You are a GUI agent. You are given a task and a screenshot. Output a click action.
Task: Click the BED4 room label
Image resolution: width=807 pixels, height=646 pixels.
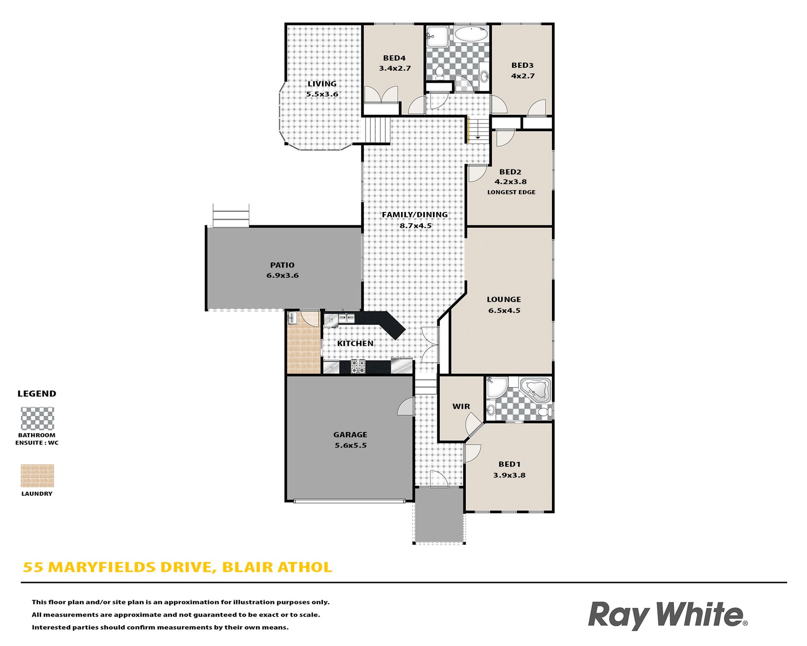pyautogui.click(x=394, y=58)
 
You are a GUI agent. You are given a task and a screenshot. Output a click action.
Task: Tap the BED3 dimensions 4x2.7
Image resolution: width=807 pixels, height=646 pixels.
pyautogui.click(x=523, y=76)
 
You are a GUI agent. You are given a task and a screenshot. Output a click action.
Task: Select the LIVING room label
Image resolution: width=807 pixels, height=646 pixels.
pyautogui.click(x=322, y=84)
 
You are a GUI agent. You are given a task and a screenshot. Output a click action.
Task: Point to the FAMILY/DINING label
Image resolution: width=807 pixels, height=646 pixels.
pyautogui.click(x=415, y=214)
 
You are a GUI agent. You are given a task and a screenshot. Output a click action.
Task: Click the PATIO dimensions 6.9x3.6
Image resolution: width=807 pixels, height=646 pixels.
pyautogui.click(x=282, y=275)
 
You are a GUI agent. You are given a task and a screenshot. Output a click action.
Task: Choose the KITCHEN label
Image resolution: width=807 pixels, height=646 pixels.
pyautogui.click(x=355, y=343)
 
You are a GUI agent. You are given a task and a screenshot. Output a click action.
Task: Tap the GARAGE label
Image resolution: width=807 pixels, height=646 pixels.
pyautogui.click(x=350, y=434)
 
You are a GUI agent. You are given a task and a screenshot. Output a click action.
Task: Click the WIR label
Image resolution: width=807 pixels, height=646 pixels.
pyautogui.click(x=461, y=406)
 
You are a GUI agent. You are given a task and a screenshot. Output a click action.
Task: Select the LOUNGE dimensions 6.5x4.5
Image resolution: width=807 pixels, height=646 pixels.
pyautogui.click(x=504, y=310)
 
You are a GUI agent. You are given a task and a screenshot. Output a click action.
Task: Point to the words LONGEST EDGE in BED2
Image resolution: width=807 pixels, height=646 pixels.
pyautogui.click(x=511, y=192)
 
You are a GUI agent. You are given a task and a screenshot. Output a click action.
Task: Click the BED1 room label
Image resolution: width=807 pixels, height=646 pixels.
pyautogui.click(x=509, y=464)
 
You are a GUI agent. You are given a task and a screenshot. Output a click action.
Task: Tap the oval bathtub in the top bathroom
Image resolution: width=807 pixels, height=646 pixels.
pyautogui.click(x=471, y=34)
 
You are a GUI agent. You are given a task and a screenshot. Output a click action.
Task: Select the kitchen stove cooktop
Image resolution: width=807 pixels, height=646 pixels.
pyautogui.click(x=358, y=367)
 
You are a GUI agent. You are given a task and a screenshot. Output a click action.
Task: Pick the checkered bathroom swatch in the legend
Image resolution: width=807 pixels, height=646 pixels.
pyautogui.click(x=37, y=418)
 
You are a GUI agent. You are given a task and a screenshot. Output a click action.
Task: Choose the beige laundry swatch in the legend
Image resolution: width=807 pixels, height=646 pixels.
pyautogui.click(x=37, y=476)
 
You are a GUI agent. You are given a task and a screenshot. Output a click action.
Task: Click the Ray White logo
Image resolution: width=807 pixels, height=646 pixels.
pyautogui.click(x=667, y=615)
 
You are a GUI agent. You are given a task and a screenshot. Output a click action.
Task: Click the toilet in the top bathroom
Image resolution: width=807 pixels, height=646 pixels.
pyautogui.click(x=440, y=73)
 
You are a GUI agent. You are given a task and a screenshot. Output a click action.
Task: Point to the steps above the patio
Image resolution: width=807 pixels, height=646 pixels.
pyautogui.click(x=231, y=215)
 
